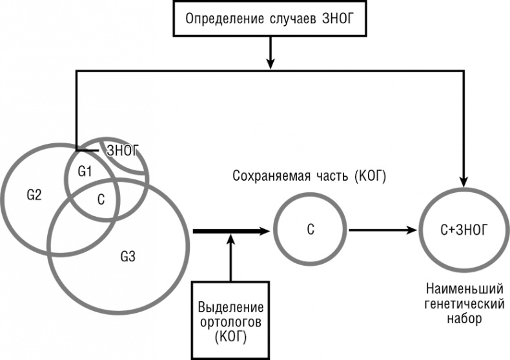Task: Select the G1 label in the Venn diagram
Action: tap(85, 172)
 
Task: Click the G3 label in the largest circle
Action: tap(127, 257)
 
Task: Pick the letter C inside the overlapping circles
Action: tap(101, 199)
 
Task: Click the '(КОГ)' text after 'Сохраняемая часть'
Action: tap(369, 175)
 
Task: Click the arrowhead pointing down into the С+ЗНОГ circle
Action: tap(464, 178)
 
